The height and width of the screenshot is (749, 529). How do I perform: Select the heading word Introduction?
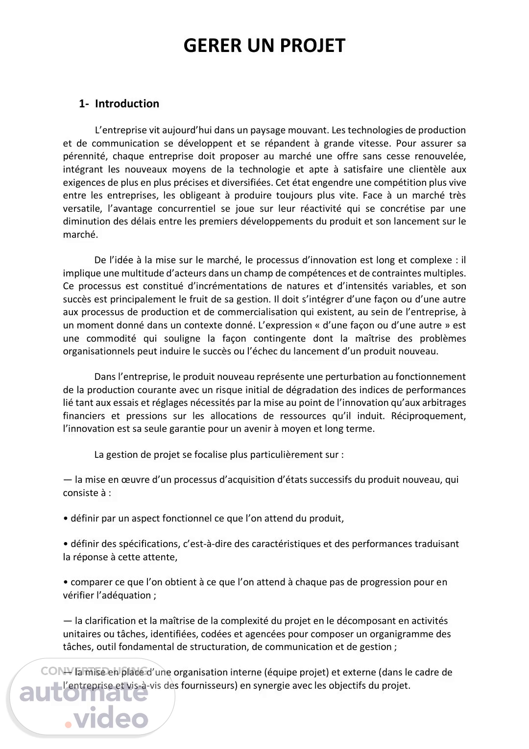(127, 103)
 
